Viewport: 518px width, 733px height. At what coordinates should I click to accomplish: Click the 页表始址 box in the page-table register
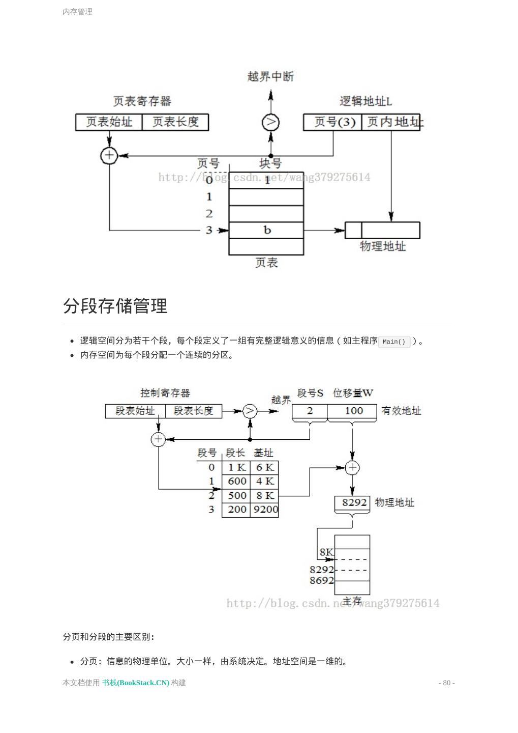click(109, 122)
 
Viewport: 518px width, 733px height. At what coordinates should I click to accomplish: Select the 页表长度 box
click(175, 122)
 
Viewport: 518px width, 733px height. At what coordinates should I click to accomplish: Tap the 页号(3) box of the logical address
click(333, 122)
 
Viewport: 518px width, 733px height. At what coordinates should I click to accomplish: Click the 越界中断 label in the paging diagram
click(270, 76)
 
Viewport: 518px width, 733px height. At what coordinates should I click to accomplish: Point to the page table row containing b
click(266, 230)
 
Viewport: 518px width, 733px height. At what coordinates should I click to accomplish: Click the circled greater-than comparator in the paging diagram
click(270, 122)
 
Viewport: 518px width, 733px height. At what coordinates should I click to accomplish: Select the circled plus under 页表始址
click(109, 155)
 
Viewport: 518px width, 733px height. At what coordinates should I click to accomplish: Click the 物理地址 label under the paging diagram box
click(383, 246)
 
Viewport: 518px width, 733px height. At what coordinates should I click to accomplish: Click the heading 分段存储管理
click(115, 306)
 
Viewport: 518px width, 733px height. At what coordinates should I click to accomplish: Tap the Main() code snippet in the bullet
click(394, 342)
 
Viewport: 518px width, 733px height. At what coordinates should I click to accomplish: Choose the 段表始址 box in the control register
click(135, 411)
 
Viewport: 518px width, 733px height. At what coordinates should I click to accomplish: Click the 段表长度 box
click(194, 411)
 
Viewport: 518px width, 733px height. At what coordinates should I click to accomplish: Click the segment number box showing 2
click(310, 411)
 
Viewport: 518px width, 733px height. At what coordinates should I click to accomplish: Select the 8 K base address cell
click(265, 495)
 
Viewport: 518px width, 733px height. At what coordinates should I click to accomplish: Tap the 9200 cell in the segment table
click(265, 510)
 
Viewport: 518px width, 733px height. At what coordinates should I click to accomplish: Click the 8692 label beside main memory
click(322, 580)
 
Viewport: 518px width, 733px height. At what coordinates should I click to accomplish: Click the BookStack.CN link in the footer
click(136, 683)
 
